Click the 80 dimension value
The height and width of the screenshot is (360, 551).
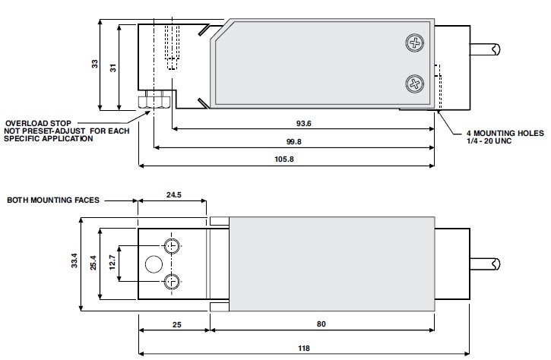pos(321,324)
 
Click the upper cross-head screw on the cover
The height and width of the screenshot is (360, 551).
pos(415,43)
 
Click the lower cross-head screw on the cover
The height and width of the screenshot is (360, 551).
pos(415,84)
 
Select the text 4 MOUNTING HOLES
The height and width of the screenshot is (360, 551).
pos(505,133)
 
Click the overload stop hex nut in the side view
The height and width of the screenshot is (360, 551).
pos(155,101)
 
